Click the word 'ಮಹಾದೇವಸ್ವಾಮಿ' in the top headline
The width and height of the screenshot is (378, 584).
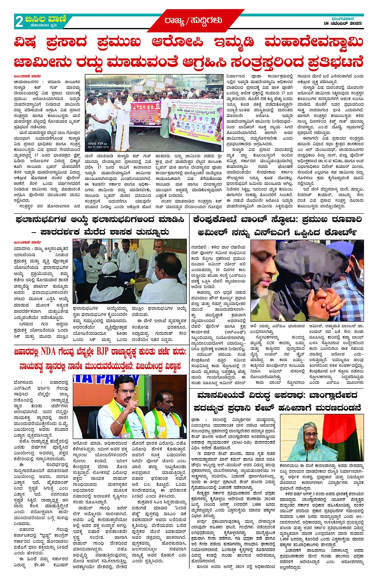(x=314, y=42)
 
